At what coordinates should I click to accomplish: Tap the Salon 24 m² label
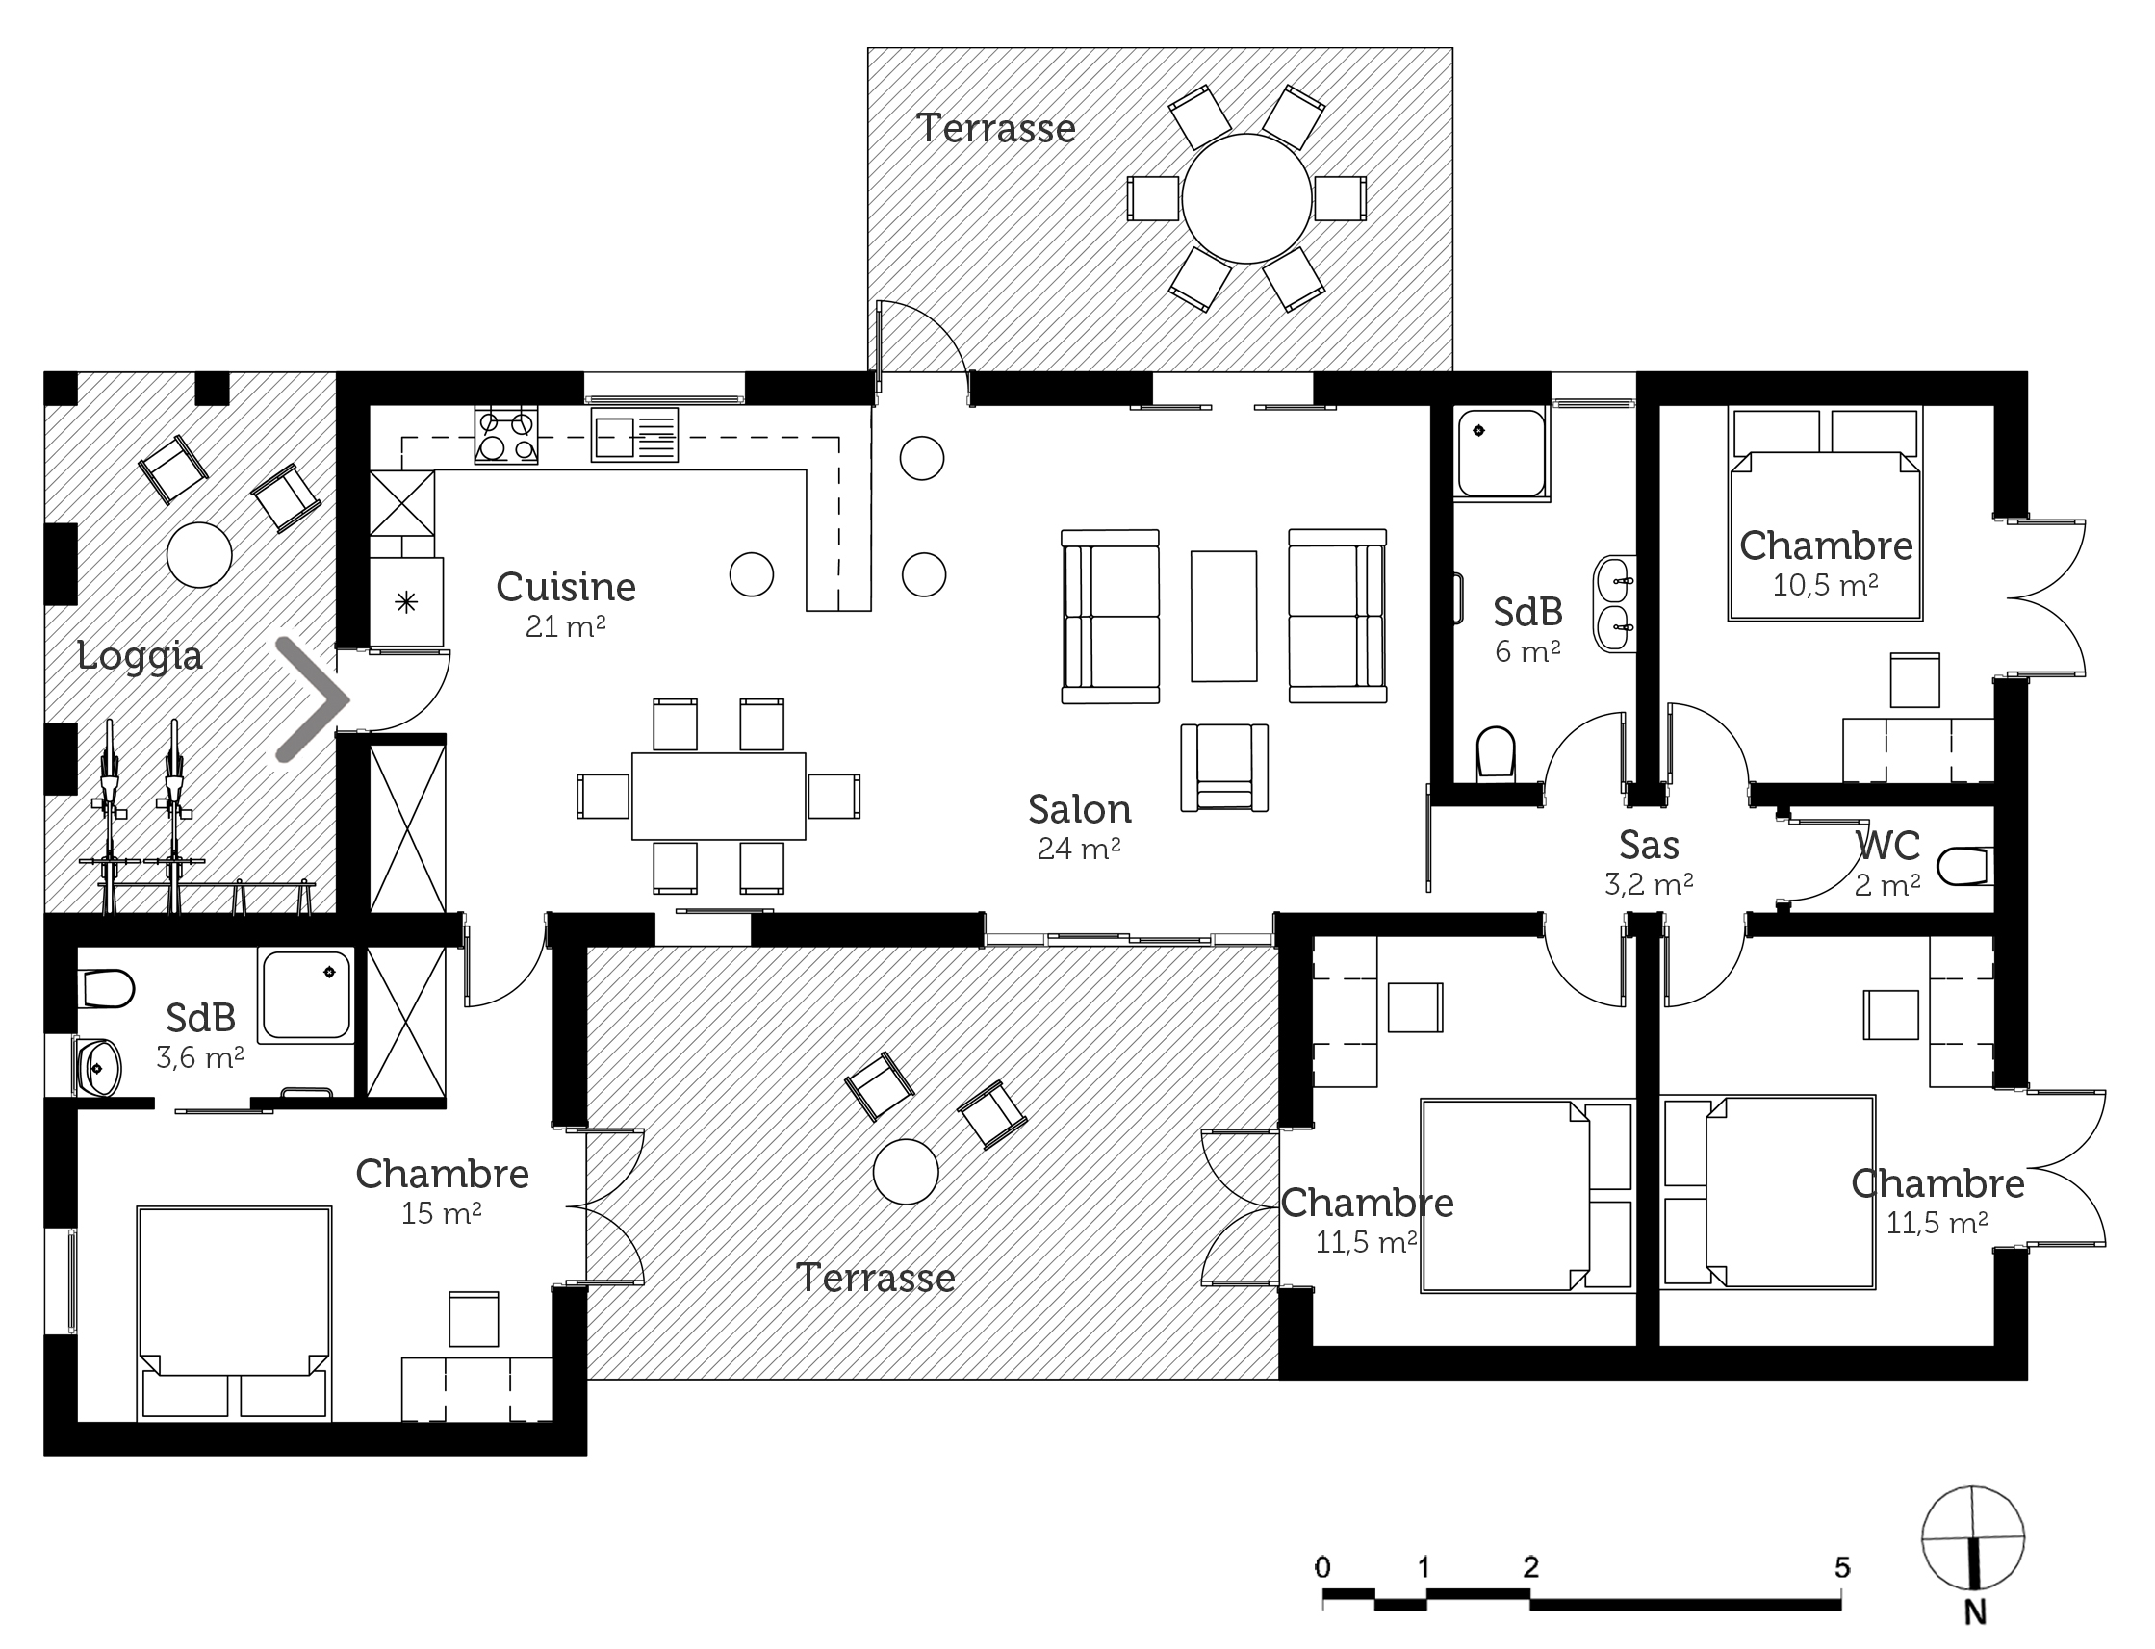click(1079, 824)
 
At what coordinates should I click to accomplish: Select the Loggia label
click(140, 656)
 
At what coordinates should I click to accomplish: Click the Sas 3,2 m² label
click(1650, 861)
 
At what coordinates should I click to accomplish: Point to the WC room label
click(1887, 845)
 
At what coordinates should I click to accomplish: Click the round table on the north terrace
click(1246, 198)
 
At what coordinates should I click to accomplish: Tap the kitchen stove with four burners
click(505, 435)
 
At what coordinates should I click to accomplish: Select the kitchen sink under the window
click(634, 435)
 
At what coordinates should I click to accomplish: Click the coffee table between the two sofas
click(1223, 616)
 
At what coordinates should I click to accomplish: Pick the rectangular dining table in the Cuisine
click(719, 796)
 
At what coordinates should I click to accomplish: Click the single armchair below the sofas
click(1224, 768)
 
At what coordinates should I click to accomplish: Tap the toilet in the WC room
click(1963, 867)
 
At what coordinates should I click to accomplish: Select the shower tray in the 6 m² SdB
click(1501, 453)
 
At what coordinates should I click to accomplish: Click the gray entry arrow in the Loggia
click(311, 698)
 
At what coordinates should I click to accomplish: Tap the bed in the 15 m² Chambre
click(234, 1314)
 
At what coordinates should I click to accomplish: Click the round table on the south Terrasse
click(905, 1171)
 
